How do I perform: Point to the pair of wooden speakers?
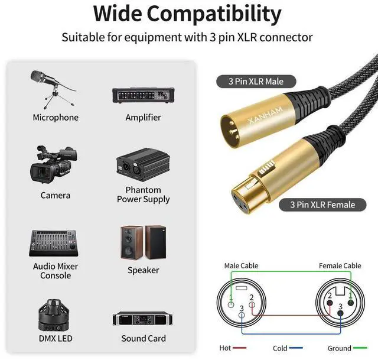(x=143, y=242)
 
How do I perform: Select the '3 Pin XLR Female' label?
(x=322, y=205)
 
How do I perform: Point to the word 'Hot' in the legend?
(x=225, y=349)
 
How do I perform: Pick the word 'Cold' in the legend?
(x=280, y=349)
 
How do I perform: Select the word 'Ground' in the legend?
(x=340, y=349)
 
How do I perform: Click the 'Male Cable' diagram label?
(x=241, y=266)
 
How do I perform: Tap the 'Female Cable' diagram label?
(x=340, y=266)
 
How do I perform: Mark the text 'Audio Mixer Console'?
(x=56, y=271)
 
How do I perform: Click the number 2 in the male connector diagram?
(x=252, y=297)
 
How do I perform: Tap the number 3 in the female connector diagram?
(x=341, y=306)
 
